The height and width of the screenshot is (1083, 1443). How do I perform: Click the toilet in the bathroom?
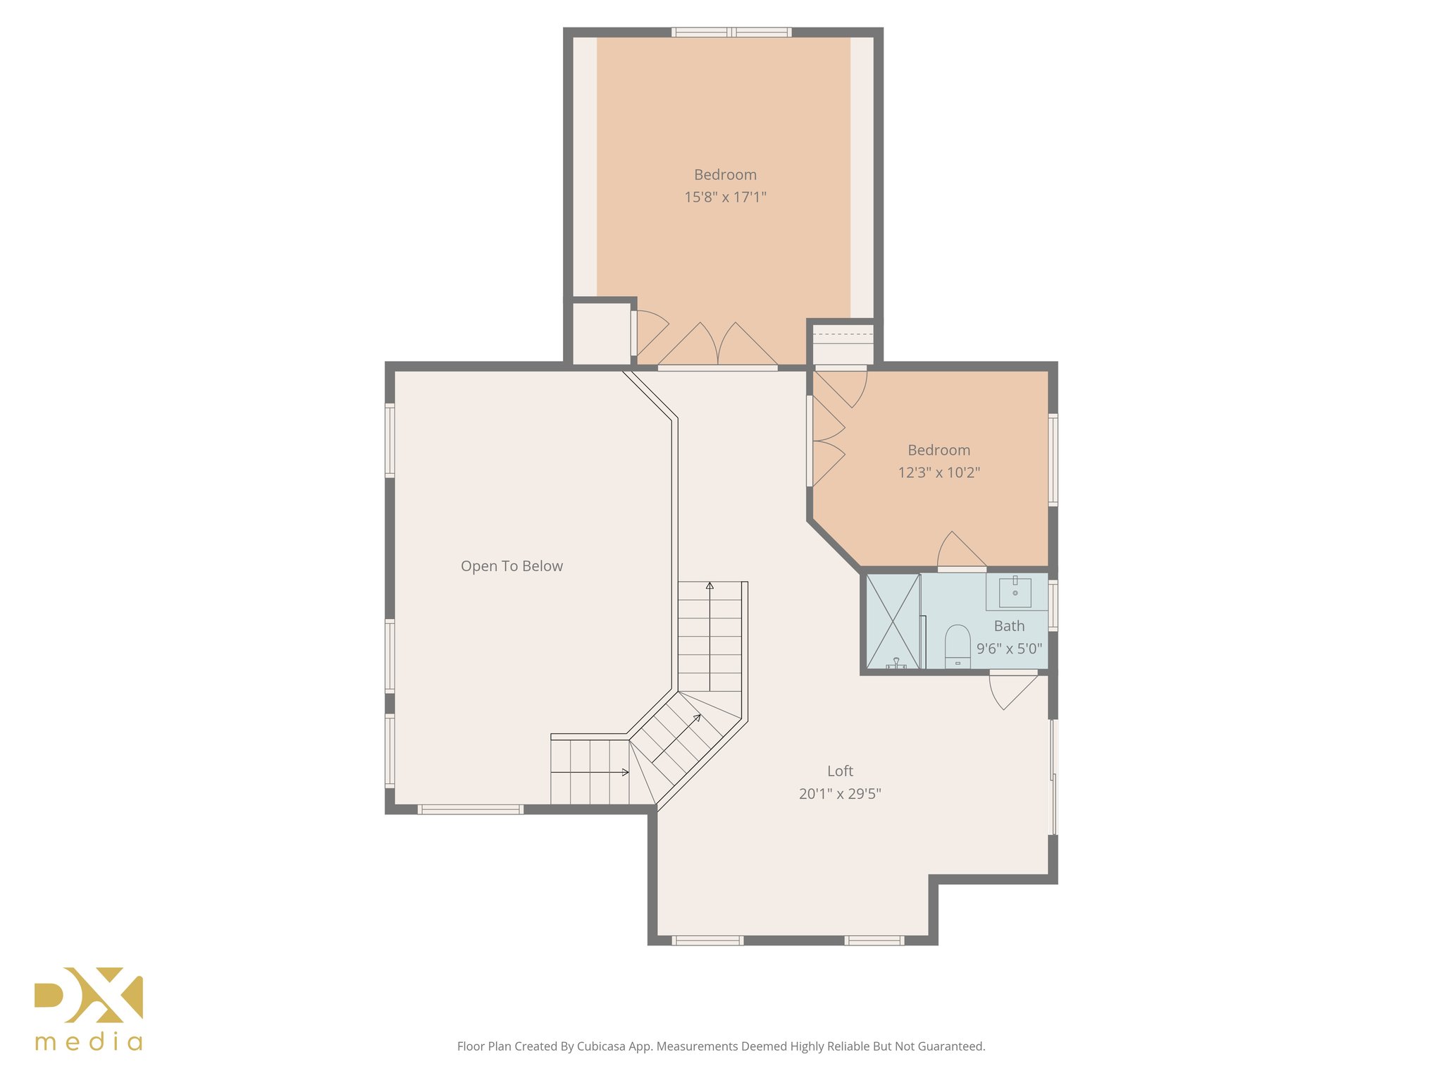958,646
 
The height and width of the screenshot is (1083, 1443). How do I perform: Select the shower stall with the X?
893,621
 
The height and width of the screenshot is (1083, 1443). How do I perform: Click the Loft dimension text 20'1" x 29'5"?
840,794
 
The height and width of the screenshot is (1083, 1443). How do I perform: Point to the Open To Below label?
512,566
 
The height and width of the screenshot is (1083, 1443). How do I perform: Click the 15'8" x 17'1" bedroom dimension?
725,197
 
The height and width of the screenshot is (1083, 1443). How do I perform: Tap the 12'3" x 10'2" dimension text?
939,472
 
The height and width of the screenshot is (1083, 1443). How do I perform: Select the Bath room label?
1009,626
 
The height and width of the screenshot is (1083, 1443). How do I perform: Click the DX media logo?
89,1008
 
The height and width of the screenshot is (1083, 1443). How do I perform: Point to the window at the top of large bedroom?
731,32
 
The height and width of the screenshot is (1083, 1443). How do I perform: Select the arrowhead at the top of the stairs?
710,585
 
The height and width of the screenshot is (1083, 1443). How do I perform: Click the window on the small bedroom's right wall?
1053,460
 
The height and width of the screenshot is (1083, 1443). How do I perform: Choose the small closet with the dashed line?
843,344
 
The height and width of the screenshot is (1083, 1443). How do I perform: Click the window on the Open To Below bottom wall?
471,809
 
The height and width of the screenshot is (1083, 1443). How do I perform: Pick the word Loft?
840,771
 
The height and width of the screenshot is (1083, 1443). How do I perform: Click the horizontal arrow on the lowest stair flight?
590,773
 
